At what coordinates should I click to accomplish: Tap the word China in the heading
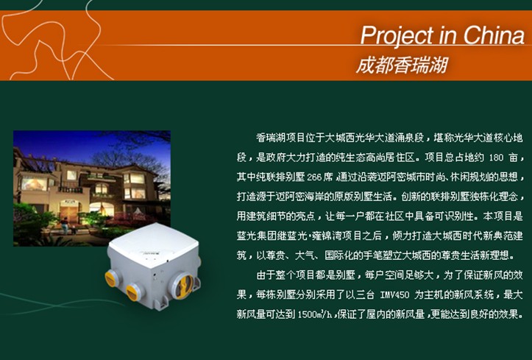click(494, 35)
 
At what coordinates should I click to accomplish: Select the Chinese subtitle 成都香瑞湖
click(402, 65)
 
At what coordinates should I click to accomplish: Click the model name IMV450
click(394, 295)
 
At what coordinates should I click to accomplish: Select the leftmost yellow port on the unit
click(111, 278)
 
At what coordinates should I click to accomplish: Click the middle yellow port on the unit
click(132, 292)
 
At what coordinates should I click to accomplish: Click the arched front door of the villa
click(70, 211)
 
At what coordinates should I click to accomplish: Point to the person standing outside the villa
click(65, 225)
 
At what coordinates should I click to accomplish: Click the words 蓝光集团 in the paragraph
click(256, 236)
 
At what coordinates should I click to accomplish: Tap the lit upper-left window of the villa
click(34, 183)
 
